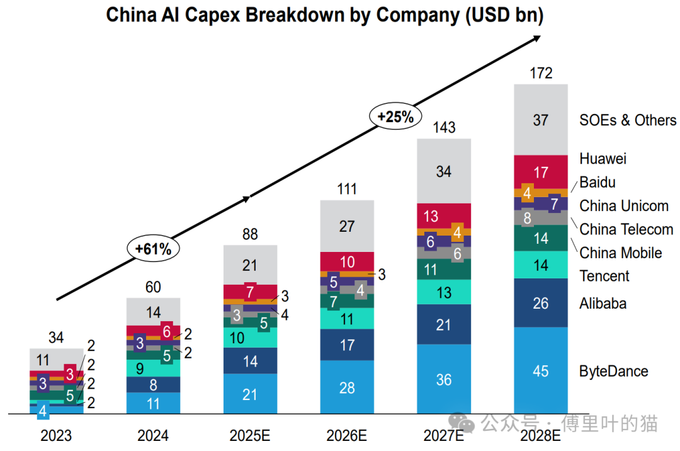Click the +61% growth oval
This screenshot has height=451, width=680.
[x=153, y=249]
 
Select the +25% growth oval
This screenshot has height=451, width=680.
[x=395, y=117]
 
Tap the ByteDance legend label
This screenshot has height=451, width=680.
[x=613, y=371]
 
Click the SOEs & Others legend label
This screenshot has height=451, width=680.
[x=628, y=120]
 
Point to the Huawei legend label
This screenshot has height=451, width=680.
[x=603, y=159]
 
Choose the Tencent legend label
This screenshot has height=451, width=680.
[x=604, y=276]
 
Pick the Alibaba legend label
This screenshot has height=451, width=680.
[x=603, y=304]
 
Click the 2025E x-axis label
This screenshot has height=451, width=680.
[x=250, y=435]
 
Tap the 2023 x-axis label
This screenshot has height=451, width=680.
[x=56, y=435]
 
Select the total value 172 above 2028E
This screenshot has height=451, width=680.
[x=540, y=74]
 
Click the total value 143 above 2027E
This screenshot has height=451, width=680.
[x=444, y=128]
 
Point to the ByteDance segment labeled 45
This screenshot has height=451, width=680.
[x=540, y=371]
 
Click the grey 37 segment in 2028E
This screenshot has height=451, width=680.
[x=540, y=120]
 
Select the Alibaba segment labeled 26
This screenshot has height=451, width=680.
[x=540, y=303]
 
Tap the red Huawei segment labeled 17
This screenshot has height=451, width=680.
[x=540, y=172]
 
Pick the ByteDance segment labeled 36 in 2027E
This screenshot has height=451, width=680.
[x=444, y=379]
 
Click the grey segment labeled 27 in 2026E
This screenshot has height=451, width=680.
[x=347, y=226]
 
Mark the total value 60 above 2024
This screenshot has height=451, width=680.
[x=153, y=288]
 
